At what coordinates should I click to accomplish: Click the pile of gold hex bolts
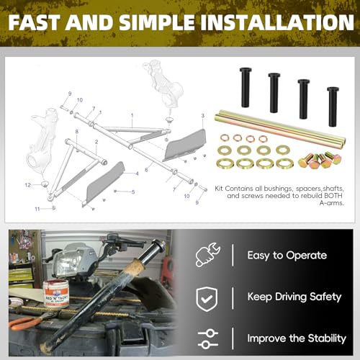pos(315,159)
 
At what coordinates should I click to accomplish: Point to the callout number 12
pos(27,185)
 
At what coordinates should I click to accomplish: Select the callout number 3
pos(203,115)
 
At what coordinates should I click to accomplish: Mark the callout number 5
pos(133,192)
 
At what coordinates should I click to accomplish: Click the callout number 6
pos(146,169)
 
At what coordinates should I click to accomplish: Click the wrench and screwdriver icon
pos(207,256)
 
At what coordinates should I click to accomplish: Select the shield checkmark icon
pos(207,297)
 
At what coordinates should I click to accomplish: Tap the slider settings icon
pos(207,337)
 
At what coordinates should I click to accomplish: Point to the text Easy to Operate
pos(287,256)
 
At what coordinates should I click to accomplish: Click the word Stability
pos(323,338)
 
